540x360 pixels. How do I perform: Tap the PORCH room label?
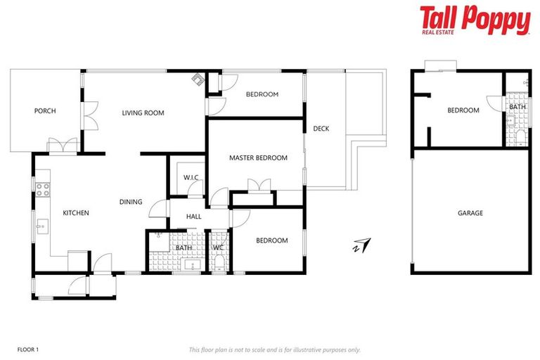tap(45, 110)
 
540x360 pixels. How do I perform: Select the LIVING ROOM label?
tap(143, 112)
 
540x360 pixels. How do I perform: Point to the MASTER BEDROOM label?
tap(258, 157)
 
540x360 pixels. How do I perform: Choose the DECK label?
tap(321, 128)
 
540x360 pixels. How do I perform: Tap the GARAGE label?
tap(470, 212)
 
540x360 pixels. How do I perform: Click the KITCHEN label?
tap(76, 212)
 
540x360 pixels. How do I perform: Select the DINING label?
tap(131, 202)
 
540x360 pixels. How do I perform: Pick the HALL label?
tap(194, 217)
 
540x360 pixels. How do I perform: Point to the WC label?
tap(218, 247)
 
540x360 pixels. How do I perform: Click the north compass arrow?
tap(363, 245)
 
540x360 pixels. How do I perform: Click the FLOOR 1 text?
tap(27, 349)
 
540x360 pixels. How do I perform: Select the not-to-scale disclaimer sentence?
tap(274, 349)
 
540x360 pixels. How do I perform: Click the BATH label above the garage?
tap(517, 107)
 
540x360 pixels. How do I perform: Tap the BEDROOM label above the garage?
tap(463, 110)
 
